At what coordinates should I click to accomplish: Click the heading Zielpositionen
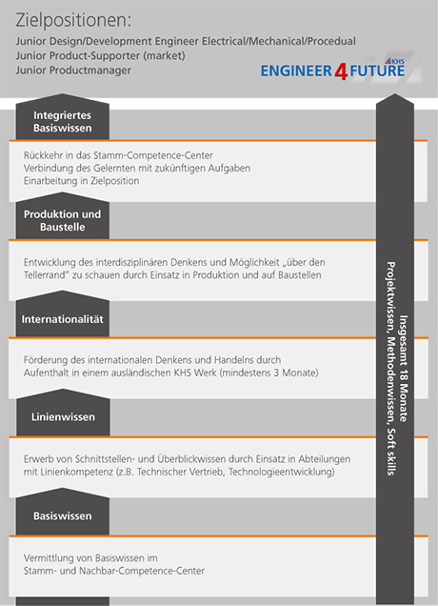pos(73,21)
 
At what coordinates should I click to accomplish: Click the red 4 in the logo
pos(341,71)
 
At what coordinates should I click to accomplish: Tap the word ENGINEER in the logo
pos(296,71)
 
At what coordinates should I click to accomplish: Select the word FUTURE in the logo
pos(377,71)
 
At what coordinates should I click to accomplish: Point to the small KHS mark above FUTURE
pos(395,61)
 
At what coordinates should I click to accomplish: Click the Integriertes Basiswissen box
pos(63,117)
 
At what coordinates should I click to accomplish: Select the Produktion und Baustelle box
pos(63,216)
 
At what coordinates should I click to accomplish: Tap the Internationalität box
pos(63,314)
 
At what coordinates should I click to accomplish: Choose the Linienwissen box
pos(63,413)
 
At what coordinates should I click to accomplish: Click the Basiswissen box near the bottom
pos(63,512)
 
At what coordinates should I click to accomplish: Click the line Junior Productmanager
pos(73,71)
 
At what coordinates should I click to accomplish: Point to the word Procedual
pos(331,41)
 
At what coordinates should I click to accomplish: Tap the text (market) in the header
pos(164,56)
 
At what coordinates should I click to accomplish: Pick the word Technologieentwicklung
pos(282,472)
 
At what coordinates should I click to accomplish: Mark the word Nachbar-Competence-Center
pos(142,571)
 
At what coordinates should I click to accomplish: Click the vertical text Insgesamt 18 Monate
pos(403,369)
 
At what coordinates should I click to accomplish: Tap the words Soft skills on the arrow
pos(391,452)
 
